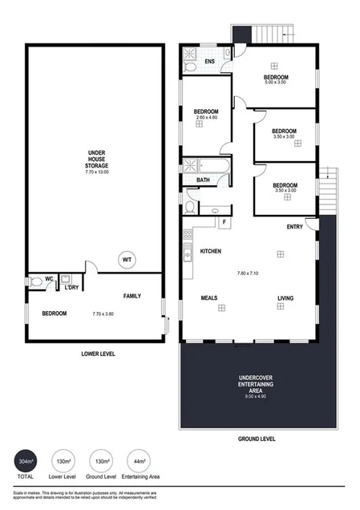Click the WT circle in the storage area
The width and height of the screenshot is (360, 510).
tap(127, 260)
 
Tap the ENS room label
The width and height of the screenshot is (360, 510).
tap(209, 61)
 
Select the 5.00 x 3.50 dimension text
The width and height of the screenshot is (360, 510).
tap(276, 83)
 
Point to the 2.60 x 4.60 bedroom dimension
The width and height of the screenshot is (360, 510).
tap(206, 118)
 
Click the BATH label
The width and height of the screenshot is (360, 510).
tap(204, 180)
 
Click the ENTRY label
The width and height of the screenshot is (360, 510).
tap(294, 227)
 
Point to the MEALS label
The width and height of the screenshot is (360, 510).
tap(209, 298)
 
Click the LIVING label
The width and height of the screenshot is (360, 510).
tap(285, 298)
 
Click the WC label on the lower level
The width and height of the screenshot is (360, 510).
tap(49, 279)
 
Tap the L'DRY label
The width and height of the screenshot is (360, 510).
tap(71, 287)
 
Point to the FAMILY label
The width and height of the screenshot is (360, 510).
tap(131, 296)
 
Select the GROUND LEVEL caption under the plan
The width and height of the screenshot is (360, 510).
tap(257, 439)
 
